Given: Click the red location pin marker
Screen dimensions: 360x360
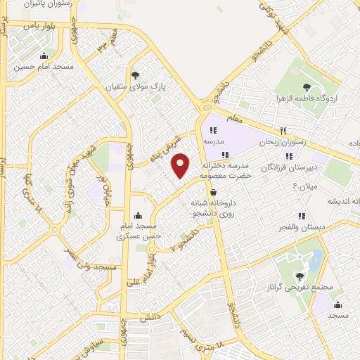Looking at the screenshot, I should (x=181, y=165).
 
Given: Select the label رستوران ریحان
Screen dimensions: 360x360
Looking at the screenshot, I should (x=282, y=143).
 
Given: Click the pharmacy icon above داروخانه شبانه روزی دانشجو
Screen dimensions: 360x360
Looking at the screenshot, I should (x=213, y=191).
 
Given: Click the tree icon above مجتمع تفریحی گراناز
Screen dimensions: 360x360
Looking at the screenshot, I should (x=300, y=276).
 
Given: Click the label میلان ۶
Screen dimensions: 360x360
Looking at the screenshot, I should (x=306, y=186).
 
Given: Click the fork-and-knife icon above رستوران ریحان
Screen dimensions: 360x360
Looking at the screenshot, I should (x=282, y=131).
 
